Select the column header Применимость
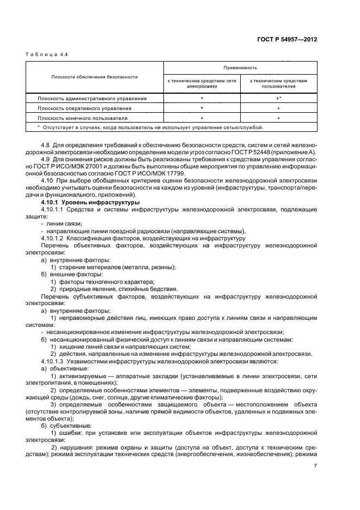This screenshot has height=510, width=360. [x=240, y=68]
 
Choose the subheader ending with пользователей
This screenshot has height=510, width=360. [x=278, y=83]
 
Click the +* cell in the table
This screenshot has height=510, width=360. [x=278, y=99]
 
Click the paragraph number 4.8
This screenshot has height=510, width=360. [x=46, y=145]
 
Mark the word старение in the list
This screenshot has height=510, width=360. [x=70, y=267]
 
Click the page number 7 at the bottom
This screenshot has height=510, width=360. [x=315, y=465]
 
